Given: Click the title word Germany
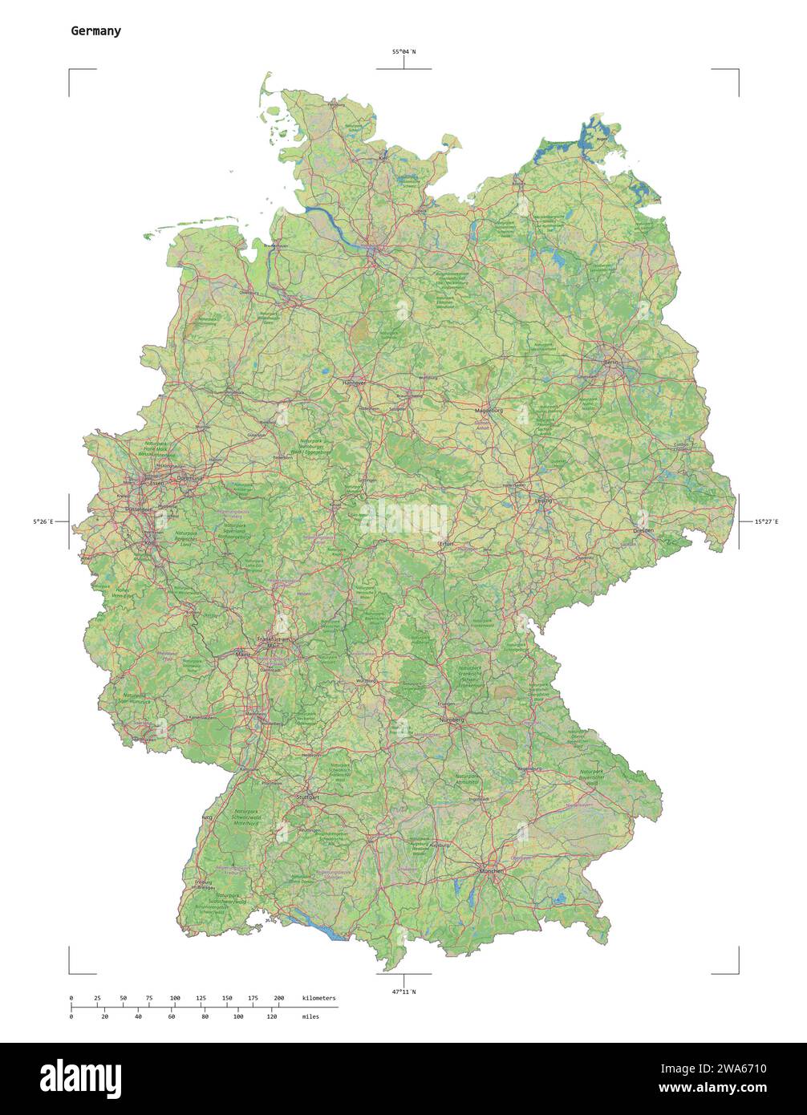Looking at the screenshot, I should [95, 31].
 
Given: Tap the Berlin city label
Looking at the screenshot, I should [612, 363].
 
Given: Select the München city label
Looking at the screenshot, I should [491, 870].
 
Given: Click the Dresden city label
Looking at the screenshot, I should [643, 530].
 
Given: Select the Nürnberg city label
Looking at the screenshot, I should [452, 720].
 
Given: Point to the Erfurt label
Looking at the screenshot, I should [445, 544].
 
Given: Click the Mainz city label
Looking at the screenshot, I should [244, 655].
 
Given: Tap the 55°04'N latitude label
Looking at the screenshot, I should [403, 52].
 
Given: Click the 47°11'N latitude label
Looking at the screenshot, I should [403, 992].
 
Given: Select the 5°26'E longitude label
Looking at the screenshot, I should [43, 522].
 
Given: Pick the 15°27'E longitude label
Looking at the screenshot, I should [765, 522].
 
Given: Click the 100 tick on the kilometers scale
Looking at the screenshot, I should [175, 998].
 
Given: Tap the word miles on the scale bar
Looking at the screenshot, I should [310, 1016].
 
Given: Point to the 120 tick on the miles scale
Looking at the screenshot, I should [271, 1016].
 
